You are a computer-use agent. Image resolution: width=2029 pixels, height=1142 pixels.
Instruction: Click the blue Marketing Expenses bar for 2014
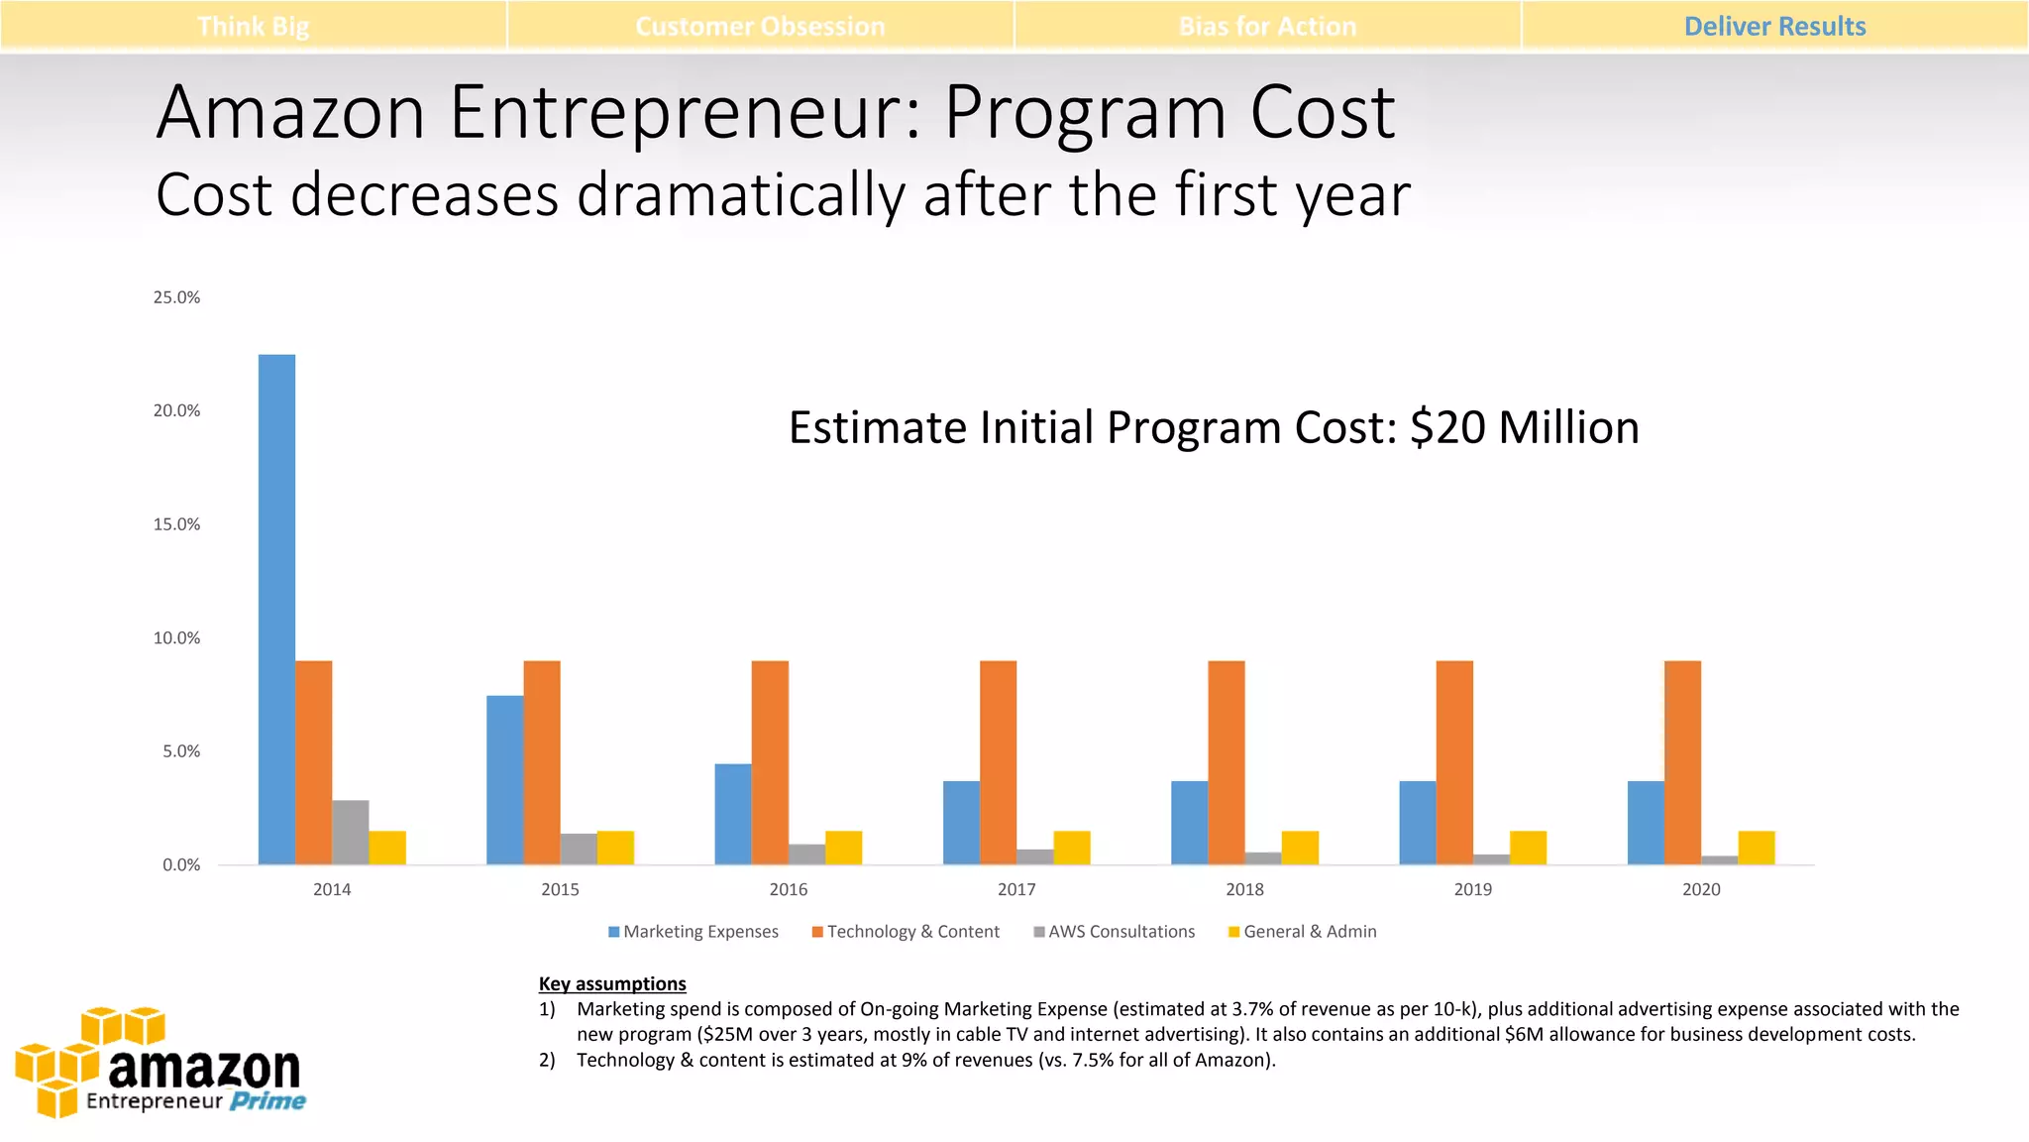276,609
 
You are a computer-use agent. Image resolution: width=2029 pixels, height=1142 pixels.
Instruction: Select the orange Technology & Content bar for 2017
998,762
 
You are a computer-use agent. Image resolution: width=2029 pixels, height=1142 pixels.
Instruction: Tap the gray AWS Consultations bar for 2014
350,833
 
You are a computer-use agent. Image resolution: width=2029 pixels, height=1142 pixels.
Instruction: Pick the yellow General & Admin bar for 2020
1756,848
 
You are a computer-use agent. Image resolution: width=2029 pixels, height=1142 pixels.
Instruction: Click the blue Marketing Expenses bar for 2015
504,779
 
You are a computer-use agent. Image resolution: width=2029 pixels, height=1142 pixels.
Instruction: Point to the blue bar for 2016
732,814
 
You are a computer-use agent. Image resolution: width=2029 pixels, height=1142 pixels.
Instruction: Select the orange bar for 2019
1454,762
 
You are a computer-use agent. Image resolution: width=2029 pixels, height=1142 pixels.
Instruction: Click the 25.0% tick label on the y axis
176,297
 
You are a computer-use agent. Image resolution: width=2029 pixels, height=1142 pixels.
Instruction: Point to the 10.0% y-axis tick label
176,638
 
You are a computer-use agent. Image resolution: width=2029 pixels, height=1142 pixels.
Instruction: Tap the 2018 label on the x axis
1244,889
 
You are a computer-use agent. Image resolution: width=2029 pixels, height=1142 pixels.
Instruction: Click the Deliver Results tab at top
1774,27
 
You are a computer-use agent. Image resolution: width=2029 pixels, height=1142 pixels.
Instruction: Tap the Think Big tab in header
253,27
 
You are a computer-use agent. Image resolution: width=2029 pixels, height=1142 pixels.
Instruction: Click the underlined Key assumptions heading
612,983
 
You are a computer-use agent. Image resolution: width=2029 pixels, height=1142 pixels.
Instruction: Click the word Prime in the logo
267,1101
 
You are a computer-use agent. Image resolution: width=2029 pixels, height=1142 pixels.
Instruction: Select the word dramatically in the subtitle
740,194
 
